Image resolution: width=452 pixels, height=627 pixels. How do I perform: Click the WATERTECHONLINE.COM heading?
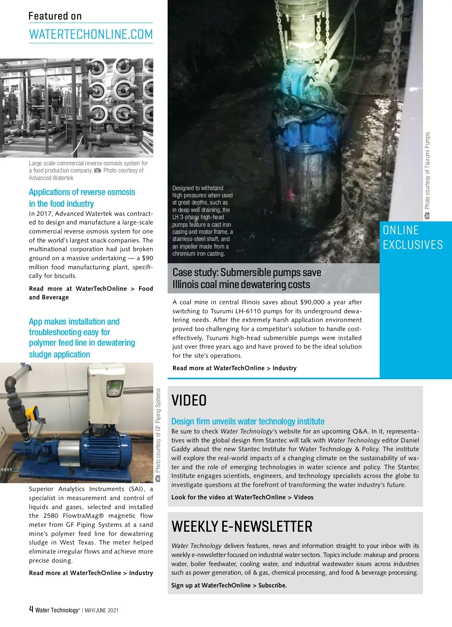pyautogui.click(x=91, y=34)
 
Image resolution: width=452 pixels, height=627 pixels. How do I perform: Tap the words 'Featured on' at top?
pyautogui.click(x=55, y=16)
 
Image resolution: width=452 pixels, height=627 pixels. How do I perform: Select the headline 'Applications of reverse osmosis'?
pyautogui.click(x=82, y=192)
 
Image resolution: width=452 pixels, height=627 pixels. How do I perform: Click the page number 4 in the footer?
pyautogui.click(x=31, y=609)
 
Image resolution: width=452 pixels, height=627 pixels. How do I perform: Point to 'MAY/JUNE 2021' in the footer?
pyautogui.click(x=101, y=610)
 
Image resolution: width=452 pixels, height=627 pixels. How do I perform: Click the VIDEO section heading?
pyautogui.click(x=189, y=400)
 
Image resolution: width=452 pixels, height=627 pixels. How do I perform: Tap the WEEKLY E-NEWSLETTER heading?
pyautogui.click(x=242, y=526)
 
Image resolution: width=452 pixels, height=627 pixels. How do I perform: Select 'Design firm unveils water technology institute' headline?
pyautogui.click(x=248, y=421)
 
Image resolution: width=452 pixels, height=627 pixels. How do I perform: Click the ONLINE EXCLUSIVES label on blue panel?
pyautogui.click(x=412, y=237)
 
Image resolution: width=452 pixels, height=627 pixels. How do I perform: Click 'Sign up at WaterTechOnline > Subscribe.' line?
pyautogui.click(x=229, y=585)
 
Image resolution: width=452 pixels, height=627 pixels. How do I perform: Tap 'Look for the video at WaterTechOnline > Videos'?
pyautogui.click(x=242, y=497)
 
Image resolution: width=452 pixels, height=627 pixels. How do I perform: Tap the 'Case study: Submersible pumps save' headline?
pyautogui.click(x=247, y=272)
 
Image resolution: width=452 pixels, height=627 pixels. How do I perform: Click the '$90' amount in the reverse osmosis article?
pyautogui.click(x=147, y=258)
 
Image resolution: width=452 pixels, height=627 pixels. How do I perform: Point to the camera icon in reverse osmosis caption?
pyautogui.click(x=98, y=171)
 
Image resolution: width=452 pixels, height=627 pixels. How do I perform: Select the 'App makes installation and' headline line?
pyautogui.click(x=74, y=322)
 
